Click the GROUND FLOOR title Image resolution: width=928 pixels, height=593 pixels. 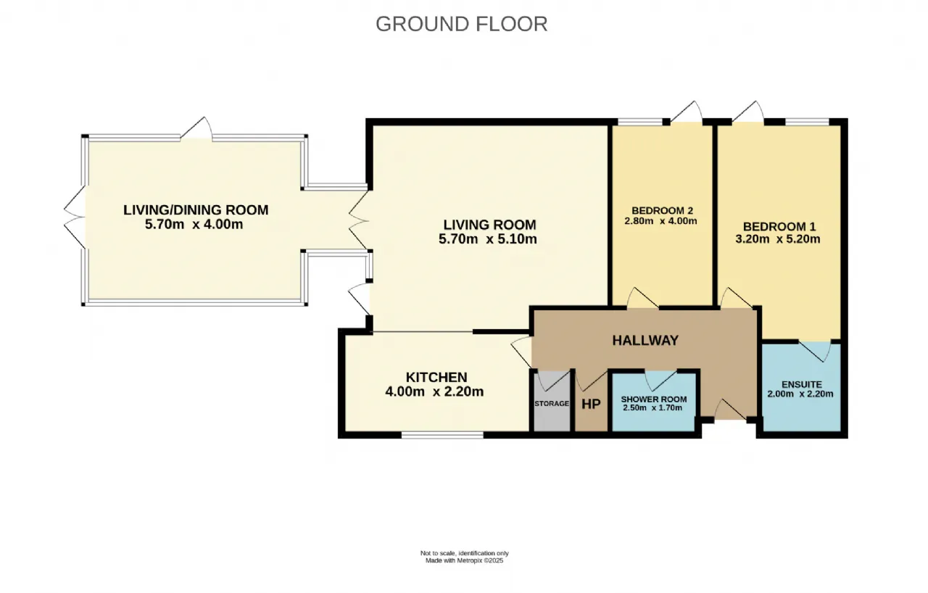point(462,24)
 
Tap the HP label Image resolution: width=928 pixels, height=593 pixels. point(591,404)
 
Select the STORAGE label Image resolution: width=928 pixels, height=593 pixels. point(552,403)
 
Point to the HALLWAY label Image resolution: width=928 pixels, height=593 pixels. point(645,341)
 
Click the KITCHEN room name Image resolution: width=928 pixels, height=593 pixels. point(436,377)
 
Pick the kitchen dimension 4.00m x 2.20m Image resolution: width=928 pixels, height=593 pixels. point(434,391)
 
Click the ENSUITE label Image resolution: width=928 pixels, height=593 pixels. point(802,384)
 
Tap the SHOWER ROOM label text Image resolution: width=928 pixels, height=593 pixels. point(654,399)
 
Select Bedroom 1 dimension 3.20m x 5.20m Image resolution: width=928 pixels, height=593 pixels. point(778,239)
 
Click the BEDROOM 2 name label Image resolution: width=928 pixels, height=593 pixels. point(662,210)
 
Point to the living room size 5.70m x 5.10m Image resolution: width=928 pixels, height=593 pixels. point(488,239)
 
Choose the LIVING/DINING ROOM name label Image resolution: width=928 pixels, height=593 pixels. point(196,210)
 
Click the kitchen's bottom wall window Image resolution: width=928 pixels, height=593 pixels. point(442,435)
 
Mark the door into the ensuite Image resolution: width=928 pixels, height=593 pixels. point(814,351)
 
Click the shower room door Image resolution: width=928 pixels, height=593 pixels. point(660,381)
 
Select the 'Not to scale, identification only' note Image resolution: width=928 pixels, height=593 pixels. point(465,553)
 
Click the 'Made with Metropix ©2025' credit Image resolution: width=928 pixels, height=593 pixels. point(465,560)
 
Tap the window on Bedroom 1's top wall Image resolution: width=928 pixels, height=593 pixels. point(807,122)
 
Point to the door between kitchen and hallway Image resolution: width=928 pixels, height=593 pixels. point(521,352)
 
